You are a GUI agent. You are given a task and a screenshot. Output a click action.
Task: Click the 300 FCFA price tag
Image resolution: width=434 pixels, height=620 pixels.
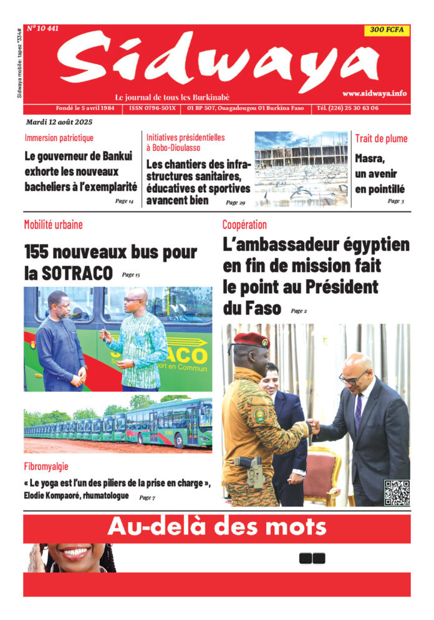[387, 31]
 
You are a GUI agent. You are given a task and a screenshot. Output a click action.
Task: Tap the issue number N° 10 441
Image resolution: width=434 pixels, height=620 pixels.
[42, 28]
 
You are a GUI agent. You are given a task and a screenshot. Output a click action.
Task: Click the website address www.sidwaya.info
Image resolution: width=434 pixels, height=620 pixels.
[374, 93]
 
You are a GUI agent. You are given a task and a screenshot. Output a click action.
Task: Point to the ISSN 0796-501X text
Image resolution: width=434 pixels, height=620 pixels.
[153, 108]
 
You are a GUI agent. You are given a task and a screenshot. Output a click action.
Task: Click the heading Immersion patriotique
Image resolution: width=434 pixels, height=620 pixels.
[59, 138]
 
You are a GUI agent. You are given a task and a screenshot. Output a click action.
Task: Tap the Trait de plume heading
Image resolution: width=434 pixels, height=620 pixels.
[381, 138]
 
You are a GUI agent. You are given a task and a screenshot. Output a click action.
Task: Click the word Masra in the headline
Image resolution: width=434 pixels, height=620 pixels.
[370, 158]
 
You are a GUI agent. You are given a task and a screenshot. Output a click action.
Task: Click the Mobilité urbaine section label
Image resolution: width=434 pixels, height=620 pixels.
[53, 225]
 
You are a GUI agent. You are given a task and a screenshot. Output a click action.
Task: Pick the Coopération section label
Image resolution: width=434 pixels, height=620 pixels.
[244, 225]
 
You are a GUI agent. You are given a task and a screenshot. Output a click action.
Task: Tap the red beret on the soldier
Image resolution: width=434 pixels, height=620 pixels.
[251, 340]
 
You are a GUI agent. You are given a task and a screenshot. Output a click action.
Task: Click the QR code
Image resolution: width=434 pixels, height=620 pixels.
[397, 492]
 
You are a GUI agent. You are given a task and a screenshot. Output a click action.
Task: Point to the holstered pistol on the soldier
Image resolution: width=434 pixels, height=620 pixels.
[254, 472]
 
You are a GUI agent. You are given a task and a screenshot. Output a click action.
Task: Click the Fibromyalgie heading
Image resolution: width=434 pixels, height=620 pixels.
[46, 466]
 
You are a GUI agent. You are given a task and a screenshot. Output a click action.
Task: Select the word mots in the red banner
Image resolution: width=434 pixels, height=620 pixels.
[295, 528]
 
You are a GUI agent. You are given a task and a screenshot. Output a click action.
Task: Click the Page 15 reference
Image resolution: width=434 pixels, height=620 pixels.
[131, 274]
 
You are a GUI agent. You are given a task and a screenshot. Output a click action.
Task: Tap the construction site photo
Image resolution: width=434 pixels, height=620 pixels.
[301, 168]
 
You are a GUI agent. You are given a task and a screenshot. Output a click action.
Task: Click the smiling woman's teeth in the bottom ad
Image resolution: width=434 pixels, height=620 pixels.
[75, 552]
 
